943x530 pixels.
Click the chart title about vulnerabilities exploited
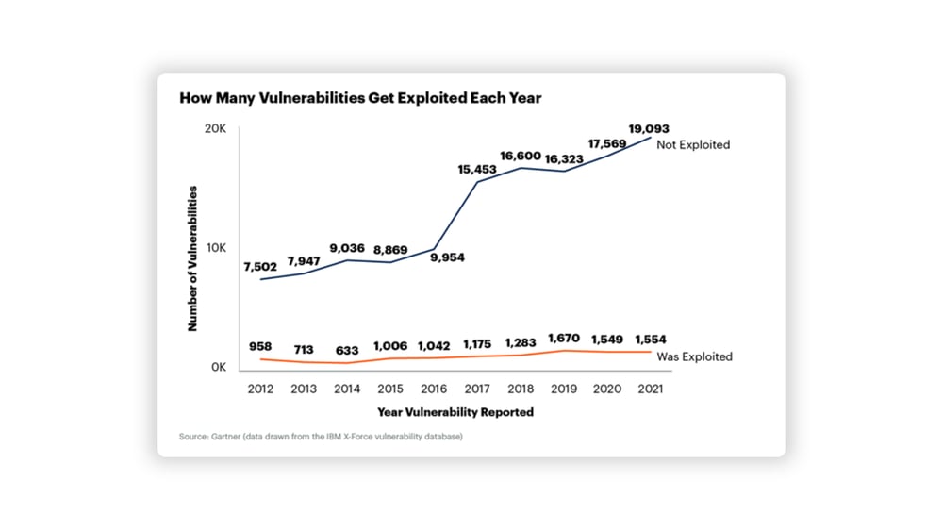(x=360, y=98)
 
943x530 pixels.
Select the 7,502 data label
(x=259, y=267)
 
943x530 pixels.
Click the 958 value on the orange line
(x=259, y=347)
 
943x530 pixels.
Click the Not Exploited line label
(x=693, y=145)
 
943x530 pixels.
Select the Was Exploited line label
(x=694, y=356)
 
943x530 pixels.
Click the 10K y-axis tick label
(x=217, y=248)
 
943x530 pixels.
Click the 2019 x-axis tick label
(x=563, y=389)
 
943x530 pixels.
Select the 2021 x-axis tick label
(x=650, y=389)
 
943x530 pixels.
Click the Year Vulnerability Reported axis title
(x=455, y=412)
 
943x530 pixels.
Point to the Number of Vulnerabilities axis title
(x=192, y=257)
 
